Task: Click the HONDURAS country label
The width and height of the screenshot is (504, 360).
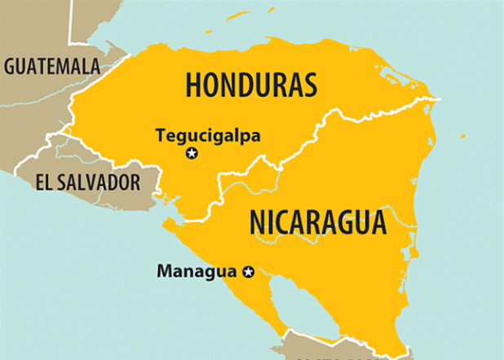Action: coord(250,83)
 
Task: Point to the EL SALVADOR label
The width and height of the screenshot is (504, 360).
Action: coord(88,181)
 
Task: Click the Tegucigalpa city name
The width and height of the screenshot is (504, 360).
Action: coord(208,136)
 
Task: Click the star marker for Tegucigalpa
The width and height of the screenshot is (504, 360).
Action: coord(192,153)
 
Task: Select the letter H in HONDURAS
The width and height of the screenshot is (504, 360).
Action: coord(193,83)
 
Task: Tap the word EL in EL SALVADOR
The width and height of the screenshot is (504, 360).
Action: coord(44,181)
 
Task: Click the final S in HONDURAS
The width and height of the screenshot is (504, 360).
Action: coord(309,83)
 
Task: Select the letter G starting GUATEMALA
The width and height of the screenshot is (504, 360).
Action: coord(11,66)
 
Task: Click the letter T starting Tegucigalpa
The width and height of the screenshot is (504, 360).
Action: coord(160,135)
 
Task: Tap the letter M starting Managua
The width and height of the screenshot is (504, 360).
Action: coord(163,270)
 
